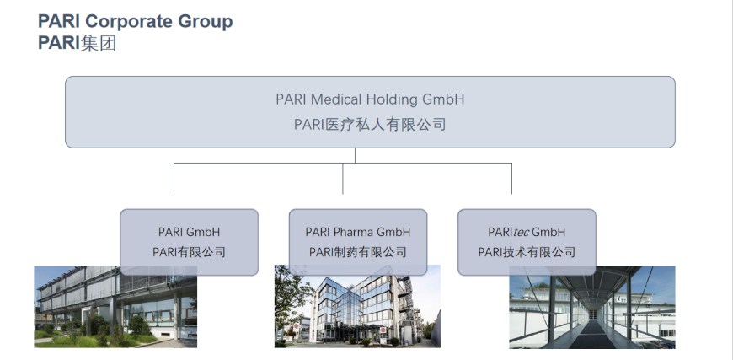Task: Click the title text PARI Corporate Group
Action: click(x=135, y=21)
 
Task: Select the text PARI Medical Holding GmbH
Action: click(x=370, y=99)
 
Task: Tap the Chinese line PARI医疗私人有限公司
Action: click(x=370, y=125)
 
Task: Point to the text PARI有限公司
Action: click(x=189, y=252)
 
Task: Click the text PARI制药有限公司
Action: click(x=357, y=252)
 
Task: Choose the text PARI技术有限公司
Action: click(x=527, y=252)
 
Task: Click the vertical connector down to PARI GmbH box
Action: click(x=174, y=179)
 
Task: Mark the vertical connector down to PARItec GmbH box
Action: click(x=511, y=179)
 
